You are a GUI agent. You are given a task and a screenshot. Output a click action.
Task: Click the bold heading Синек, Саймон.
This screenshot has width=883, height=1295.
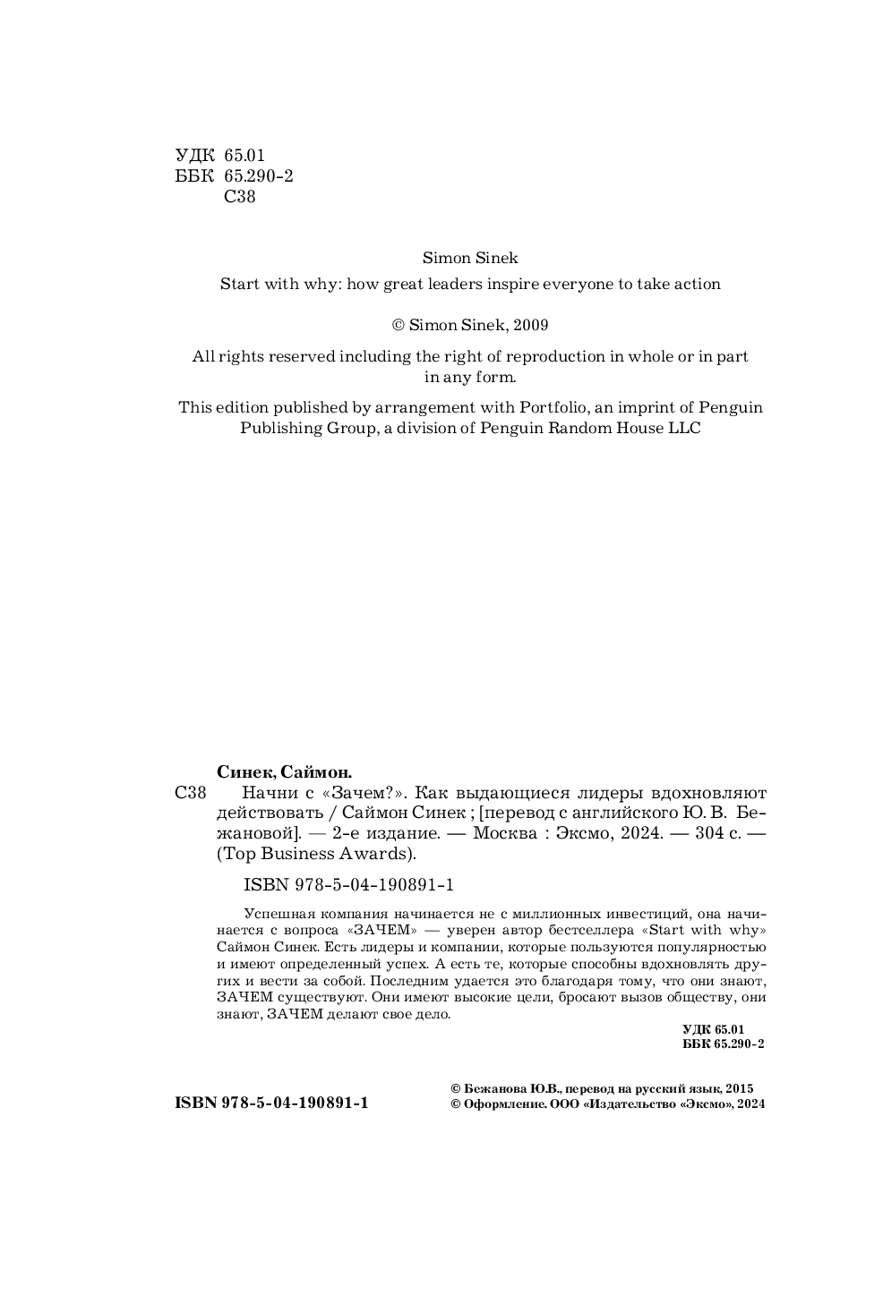285,771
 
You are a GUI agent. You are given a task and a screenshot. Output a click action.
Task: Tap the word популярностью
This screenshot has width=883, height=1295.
709,947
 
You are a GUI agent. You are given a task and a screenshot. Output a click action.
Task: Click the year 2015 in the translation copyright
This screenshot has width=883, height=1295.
740,1089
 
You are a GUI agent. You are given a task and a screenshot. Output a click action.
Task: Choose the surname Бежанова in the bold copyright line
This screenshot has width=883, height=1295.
493,1089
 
